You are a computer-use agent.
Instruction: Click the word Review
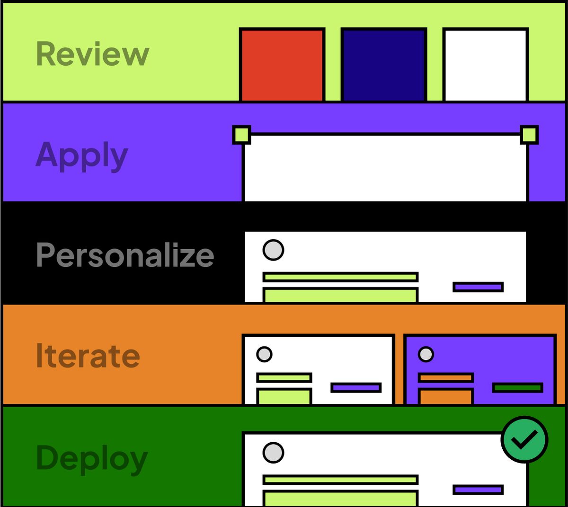pyautogui.click(x=93, y=54)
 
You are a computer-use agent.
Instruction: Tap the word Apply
pyautogui.click(x=82, y=155)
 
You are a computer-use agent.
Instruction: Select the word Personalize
pyautogui.click(x=125, y=255)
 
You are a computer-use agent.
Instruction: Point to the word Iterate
pyautogui.click(x=88, y=356)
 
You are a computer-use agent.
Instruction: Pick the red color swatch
pyautogui.click(x=282, y=65)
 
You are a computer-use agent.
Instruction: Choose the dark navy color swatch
pyautogui.click(x=384, y=65)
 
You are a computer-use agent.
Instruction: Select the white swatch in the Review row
pyautogui.click(x=486, y=65)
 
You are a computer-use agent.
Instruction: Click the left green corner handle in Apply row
pyautogui.click(x=241, y=135)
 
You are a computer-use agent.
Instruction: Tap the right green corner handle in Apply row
pyautogui.click(x=529, y=135)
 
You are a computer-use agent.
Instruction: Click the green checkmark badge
pyautogui.click(x=524, y=440)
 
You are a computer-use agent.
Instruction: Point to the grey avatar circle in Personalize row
pyautogui.click(x=273, y=250)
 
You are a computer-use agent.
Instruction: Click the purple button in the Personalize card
pyautogui.click(x=478, y=287)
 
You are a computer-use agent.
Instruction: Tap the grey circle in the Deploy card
pyautogui.click(x=273, y=453)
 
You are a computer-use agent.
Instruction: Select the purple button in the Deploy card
pyautogui.click(x=478, y=490)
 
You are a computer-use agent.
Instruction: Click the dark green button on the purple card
pyautogui.click(x=517, y=388)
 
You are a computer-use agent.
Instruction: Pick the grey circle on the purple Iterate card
pyautogui.click(x=426, y=354)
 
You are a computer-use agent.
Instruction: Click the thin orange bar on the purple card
pyautogui.click(x=445, y=377)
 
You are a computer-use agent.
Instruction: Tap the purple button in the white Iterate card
pyautogui.click(x=356, y=388)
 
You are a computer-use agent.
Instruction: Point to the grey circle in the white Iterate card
pyautogui.click(x=264, y=354)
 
